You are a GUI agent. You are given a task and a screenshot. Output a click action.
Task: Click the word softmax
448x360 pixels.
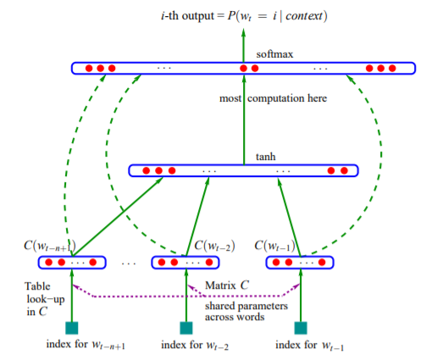274,54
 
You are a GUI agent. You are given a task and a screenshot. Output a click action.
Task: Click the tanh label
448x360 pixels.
266,157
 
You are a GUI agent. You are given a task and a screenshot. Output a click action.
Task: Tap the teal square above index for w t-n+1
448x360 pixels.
72,328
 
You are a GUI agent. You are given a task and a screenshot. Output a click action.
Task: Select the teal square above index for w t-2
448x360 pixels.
186,328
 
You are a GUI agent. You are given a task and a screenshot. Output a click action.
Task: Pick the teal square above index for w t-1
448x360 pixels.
301,328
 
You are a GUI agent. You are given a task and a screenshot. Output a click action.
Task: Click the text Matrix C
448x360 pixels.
227,285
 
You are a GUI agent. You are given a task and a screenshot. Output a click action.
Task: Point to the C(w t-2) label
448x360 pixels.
214,246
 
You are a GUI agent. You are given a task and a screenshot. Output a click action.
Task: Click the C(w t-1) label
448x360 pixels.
274,246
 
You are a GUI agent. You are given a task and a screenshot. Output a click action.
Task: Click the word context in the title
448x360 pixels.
304,16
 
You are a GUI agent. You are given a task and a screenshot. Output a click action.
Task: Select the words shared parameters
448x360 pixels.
246,306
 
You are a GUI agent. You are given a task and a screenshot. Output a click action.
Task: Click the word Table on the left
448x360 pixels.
37,286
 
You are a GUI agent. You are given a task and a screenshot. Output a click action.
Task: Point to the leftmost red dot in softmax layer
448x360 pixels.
89,69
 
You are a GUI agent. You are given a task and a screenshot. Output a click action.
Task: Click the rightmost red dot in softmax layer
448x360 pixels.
392,69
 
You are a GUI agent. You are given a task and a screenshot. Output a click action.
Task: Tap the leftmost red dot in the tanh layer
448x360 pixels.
146,171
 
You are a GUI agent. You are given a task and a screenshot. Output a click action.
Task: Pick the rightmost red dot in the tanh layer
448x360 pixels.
345,171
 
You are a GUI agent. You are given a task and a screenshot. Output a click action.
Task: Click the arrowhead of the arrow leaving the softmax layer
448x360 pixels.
243,32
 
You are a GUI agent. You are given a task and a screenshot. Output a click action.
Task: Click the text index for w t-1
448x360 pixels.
309,345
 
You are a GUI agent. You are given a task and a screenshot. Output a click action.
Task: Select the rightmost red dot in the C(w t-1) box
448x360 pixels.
322,263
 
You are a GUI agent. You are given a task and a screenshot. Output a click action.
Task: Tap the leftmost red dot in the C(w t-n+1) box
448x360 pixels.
48,263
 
